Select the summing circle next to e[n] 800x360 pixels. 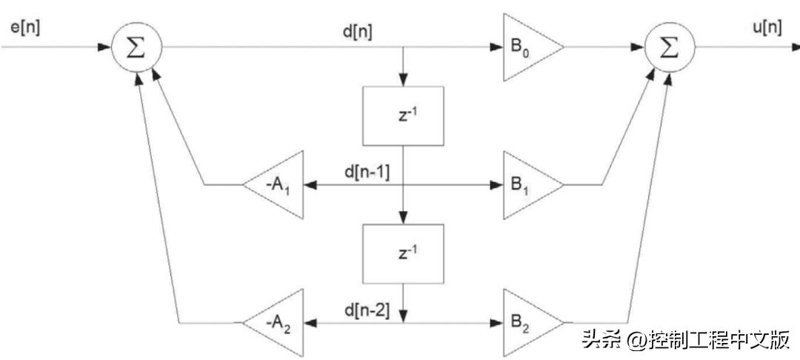tap(136, 47)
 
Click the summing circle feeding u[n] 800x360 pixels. tap(669, 47)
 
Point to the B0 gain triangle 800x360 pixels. tap(527, 47)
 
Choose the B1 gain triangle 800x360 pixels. tap(527, 184)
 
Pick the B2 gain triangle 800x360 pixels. tap(527, 323)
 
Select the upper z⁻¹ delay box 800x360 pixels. tap(402, 116)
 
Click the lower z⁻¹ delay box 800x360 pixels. tap(402, 253)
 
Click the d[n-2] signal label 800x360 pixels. tap(368, 308)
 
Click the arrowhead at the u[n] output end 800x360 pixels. tap(794, 47)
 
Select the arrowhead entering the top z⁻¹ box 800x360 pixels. tap(402, 81)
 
